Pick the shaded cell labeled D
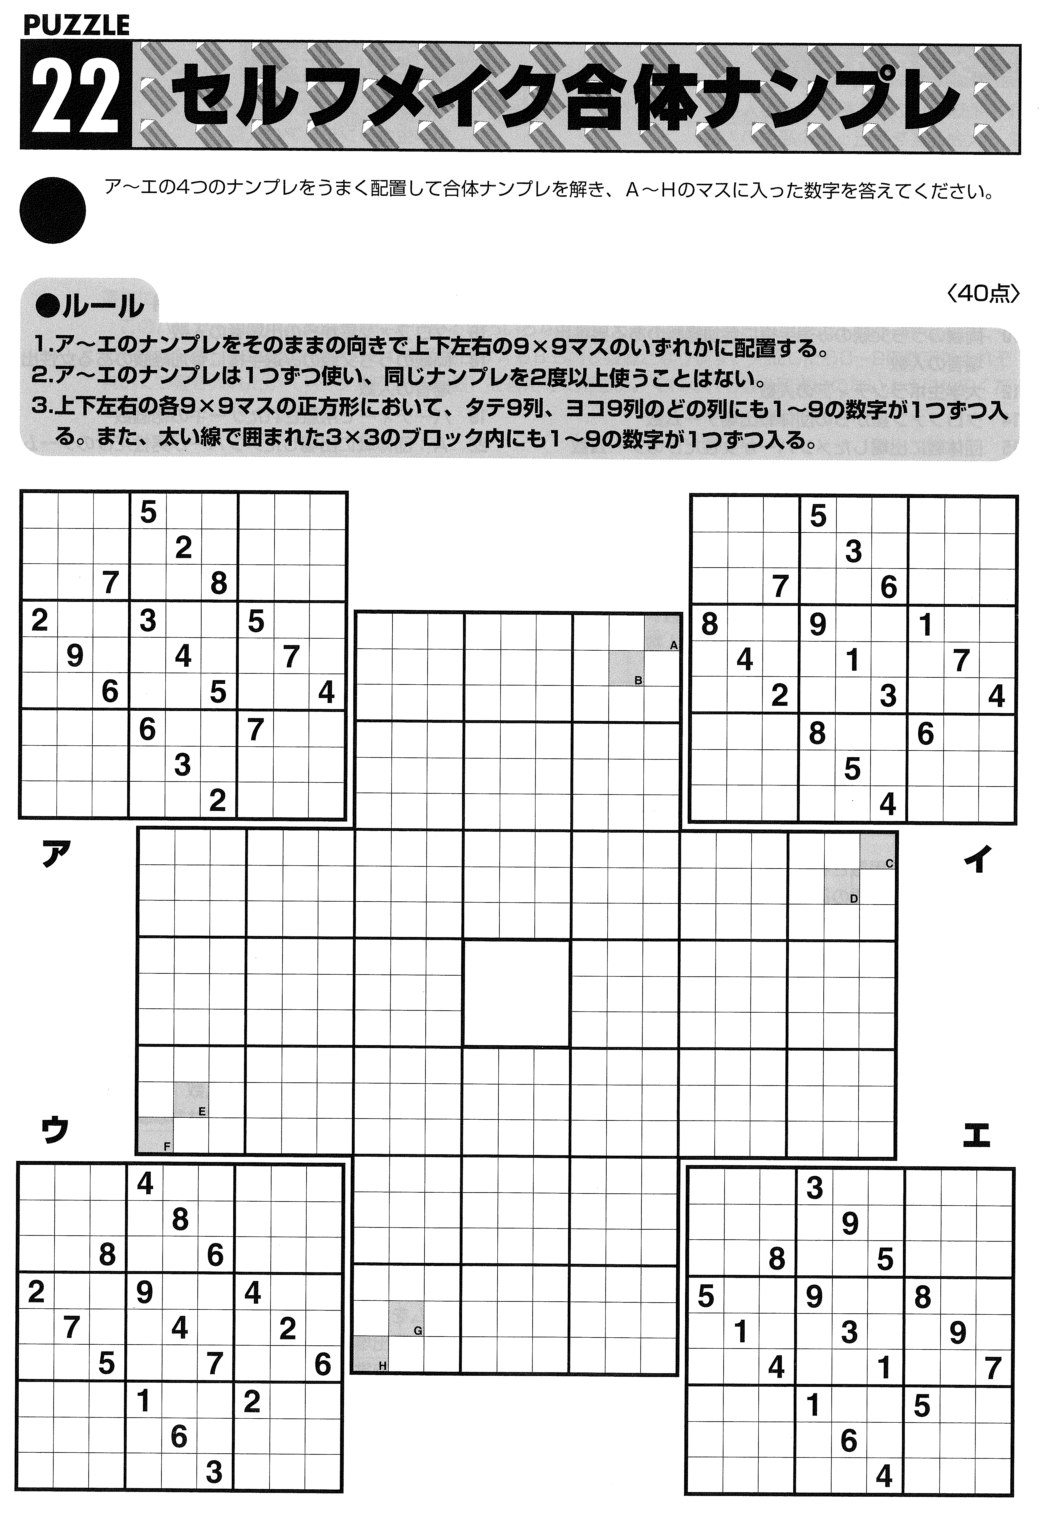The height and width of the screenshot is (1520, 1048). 842,885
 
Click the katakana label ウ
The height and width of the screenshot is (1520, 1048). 54,1130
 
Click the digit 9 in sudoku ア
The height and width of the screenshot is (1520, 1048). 75,656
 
